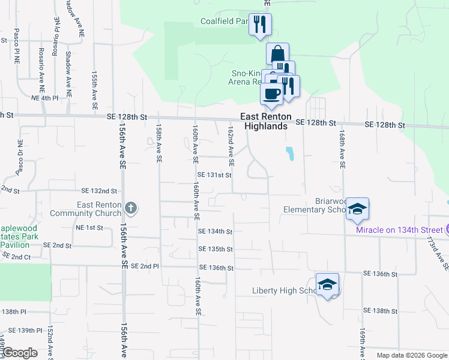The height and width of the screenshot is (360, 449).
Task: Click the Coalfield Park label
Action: tap(224, 22)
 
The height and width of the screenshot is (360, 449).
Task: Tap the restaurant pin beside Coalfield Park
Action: tap(260, 25)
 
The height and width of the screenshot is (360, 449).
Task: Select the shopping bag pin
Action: tap(277, 53)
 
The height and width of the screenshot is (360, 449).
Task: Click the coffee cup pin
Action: tap(271, 93)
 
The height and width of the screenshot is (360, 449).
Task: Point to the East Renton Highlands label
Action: tap(266, 121)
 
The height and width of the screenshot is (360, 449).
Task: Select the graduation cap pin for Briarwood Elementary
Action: tap(357, 209)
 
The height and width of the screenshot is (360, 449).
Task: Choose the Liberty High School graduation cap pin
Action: tap(328, 284)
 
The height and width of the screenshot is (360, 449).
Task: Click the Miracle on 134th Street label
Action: tap(399, 230)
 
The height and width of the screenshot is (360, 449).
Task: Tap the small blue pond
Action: tap(291, 154)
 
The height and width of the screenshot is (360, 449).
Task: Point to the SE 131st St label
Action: tap(214, 175)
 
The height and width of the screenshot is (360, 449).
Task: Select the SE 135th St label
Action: tap(215, 249)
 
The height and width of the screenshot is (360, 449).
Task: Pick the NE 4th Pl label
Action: tap(44, 97)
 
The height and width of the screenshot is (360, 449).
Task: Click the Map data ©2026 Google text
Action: tap(412, 355)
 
